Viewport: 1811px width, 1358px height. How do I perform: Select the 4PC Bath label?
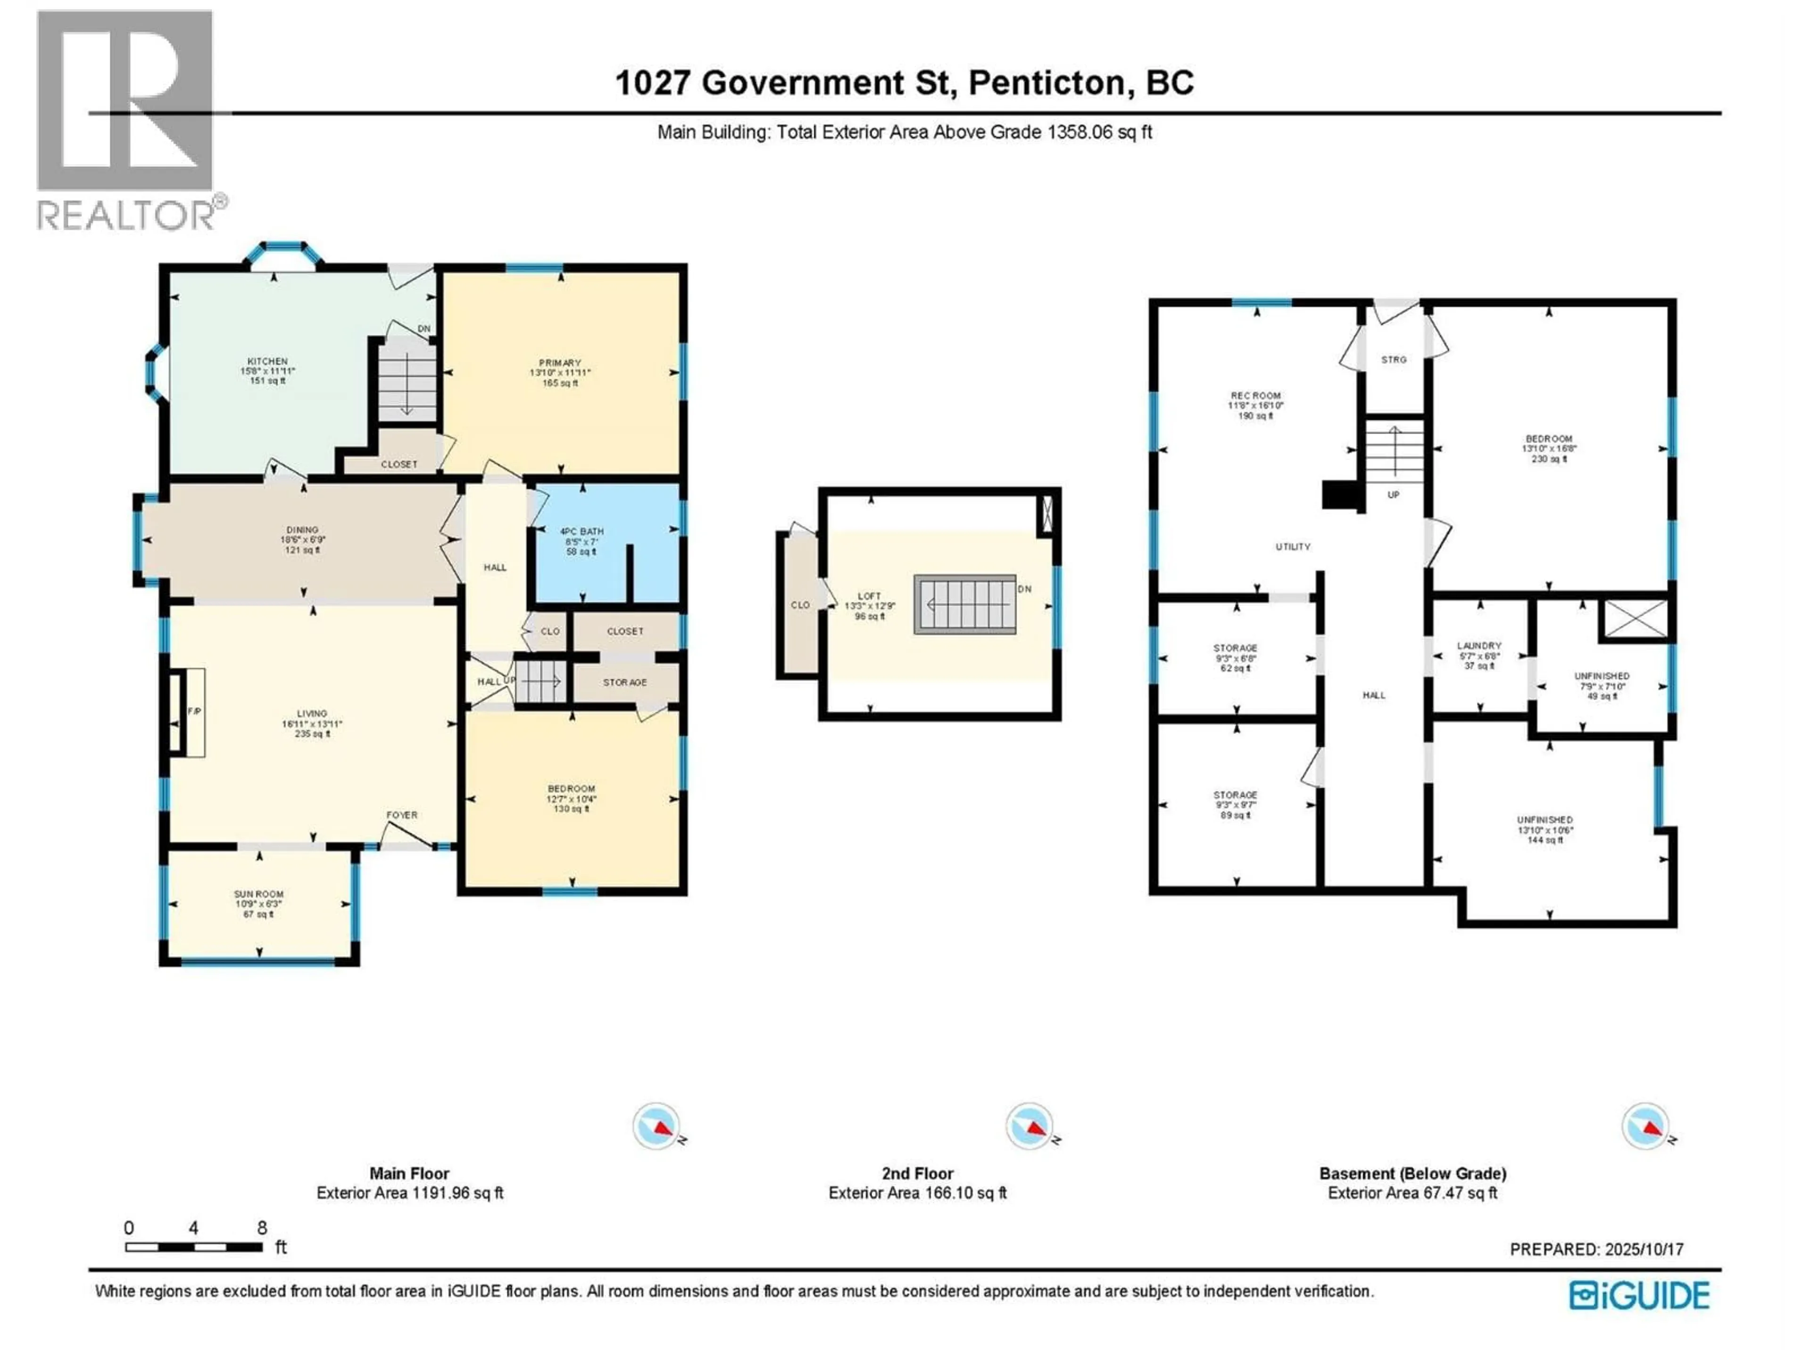[x=582, y=532]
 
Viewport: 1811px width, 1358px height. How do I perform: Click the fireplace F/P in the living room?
[x=193, y=712]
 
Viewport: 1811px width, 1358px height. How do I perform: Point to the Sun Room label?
[x=259, y=894]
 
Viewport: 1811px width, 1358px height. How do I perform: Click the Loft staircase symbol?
[x=964, y=604]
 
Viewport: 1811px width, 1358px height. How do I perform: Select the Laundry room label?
[x=1479, y=646]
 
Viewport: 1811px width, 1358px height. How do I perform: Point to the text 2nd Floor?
[x=917, y=1173]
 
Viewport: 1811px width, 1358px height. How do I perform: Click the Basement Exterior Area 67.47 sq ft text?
[x=1412, y=1192]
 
